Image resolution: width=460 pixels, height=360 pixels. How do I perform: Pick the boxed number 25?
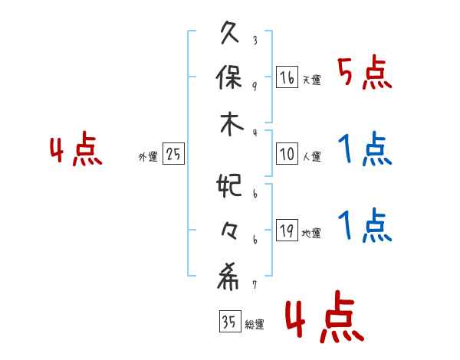pyautogui.click(x=173, y=155)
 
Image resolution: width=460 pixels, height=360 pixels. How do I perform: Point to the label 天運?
pyautogui.click(x=312, y=80)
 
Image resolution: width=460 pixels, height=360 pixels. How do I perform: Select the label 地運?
pyautogui.click(x=312, y=234)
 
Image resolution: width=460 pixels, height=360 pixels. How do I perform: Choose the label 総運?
pyautogui.click(x=255, y=325)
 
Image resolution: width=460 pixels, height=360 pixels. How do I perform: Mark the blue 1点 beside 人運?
pyautogui.click(x=364, y=150)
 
